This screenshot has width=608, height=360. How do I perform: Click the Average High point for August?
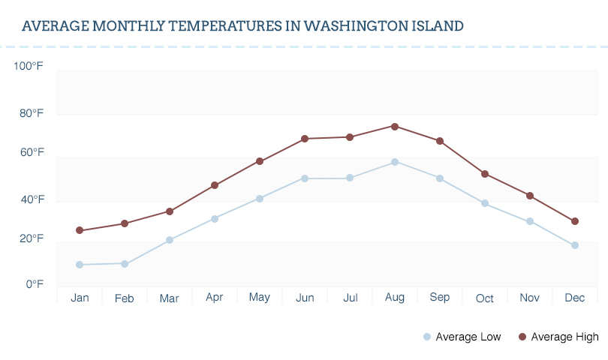click(395, 126)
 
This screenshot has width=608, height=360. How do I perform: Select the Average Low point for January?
click(80, 265)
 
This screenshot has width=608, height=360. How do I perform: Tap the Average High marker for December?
click(575, 221)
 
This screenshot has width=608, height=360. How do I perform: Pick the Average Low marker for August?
click(395, 162)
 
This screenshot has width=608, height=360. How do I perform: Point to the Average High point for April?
click(215, 185)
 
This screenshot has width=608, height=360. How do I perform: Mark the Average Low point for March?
click(170, 240)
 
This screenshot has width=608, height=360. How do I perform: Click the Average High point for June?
click(305, 139)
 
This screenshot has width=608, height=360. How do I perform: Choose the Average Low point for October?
click(485, 203)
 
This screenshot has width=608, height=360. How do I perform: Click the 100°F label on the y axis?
click(29, 66)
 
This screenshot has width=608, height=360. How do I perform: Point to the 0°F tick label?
click(35, 284)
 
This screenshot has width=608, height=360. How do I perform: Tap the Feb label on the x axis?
click(125, 298)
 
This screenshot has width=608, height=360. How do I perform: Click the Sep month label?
click(440, 298)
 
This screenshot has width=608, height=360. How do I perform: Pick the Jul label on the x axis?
click(350, 298)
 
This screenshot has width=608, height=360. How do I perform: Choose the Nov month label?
click(530, 298)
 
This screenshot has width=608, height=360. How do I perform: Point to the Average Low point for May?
click(260, 199)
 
